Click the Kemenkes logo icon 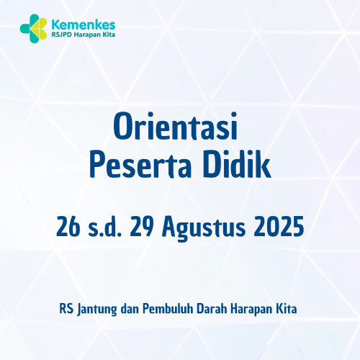click(32, 27)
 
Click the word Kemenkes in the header click(78, 22)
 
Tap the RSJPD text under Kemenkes click(61, 34)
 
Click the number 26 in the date click(67, 228)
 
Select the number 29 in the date click(140, 228)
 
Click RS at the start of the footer click(66, 308)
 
